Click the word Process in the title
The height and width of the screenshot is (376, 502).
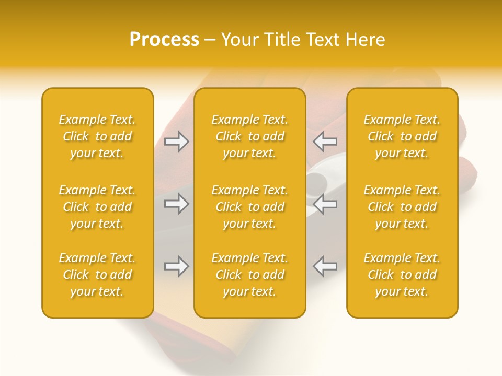point(164,40)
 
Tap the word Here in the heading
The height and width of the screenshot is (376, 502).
point(366,40)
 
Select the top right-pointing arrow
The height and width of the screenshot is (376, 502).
point(177,142)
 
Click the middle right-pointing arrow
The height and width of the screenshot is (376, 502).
point(177,204)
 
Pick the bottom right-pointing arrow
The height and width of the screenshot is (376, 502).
point(177,266)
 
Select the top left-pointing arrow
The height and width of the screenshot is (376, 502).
point(325,142)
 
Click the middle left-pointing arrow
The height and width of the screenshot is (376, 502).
point(325,204)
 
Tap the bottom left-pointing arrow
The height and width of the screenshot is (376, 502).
point(325,266)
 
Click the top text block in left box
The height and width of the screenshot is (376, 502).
point(97,136)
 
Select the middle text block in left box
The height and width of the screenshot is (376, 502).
point(97,207)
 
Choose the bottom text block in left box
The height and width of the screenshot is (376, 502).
point(97,275)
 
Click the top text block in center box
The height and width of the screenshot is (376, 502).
point(249,136)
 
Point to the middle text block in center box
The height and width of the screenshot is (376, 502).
point(249,207)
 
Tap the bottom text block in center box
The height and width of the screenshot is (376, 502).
point(249,275)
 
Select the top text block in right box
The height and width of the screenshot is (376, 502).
point(402,136)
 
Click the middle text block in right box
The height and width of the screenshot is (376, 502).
point(402,207)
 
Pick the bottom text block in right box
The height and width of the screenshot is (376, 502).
point(402,275)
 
